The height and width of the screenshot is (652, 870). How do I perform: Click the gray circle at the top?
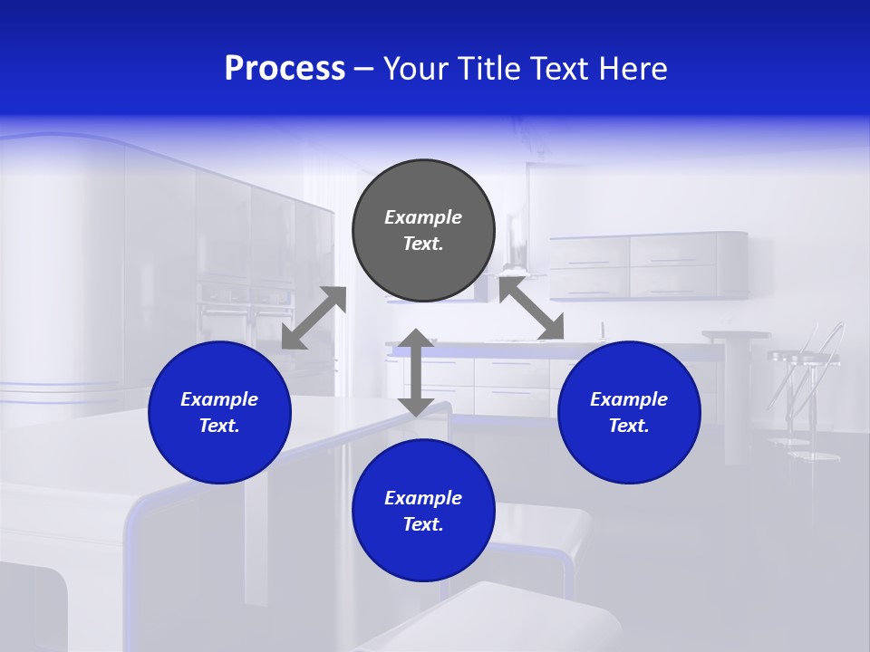point(423,230)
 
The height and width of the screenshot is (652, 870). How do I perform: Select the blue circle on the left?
point(219,412)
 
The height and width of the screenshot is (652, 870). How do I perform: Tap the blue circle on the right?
point(629,412)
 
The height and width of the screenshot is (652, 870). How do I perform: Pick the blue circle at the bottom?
point(423,511)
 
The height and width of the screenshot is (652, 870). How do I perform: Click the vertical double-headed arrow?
point(416,372)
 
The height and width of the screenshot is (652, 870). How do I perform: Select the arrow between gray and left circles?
point(314,318)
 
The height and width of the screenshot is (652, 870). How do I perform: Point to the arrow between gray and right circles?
point(531,309)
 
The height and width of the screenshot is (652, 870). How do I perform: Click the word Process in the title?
point(285,69)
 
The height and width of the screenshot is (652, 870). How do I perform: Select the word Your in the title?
point(415,69)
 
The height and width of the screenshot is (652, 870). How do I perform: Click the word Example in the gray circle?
point(423,217)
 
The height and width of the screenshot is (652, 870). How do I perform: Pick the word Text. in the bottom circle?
point(423,524)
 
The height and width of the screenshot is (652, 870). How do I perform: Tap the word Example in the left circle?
point(219,399)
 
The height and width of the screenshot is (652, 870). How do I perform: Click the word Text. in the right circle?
point(629,426)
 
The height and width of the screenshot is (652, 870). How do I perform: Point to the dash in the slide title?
point(363,70)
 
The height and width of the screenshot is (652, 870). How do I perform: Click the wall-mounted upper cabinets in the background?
point(648,265)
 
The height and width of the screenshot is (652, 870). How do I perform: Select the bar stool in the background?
point(802,389)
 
